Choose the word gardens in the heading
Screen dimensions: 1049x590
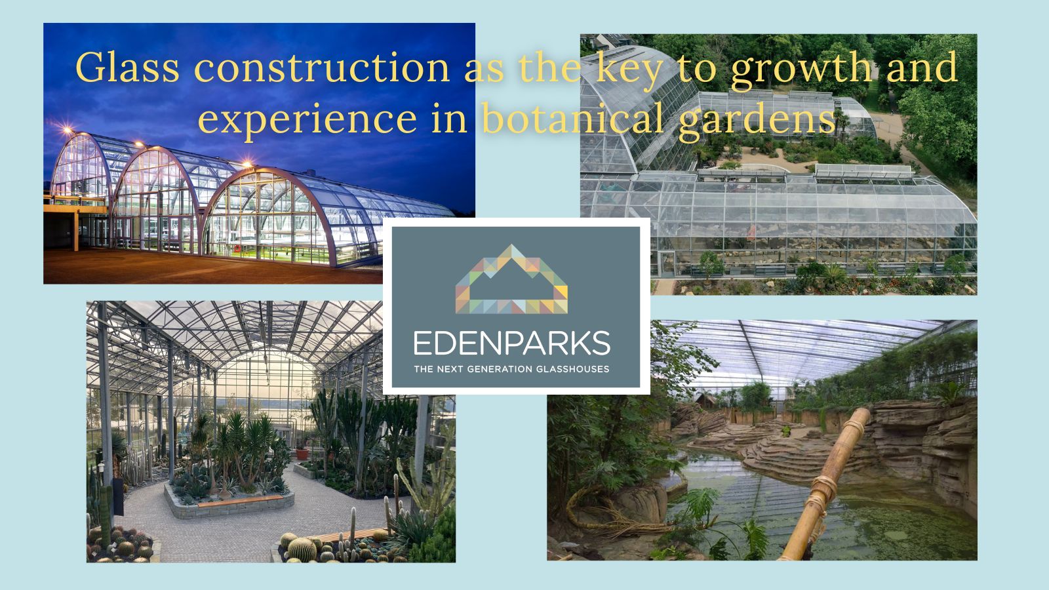(757, 121)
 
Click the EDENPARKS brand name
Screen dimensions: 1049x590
(512, 343)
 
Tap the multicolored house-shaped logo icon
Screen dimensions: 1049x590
(511, 279)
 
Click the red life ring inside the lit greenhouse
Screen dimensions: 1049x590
(237, 248)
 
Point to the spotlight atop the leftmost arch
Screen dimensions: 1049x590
(67, 129)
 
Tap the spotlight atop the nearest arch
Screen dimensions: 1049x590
(247, 165)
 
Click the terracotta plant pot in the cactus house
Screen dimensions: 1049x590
(302, 453)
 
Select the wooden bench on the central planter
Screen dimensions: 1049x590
(240, 501)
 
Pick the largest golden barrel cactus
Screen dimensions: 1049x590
(302, 549)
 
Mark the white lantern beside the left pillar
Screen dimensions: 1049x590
(102, 468)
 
